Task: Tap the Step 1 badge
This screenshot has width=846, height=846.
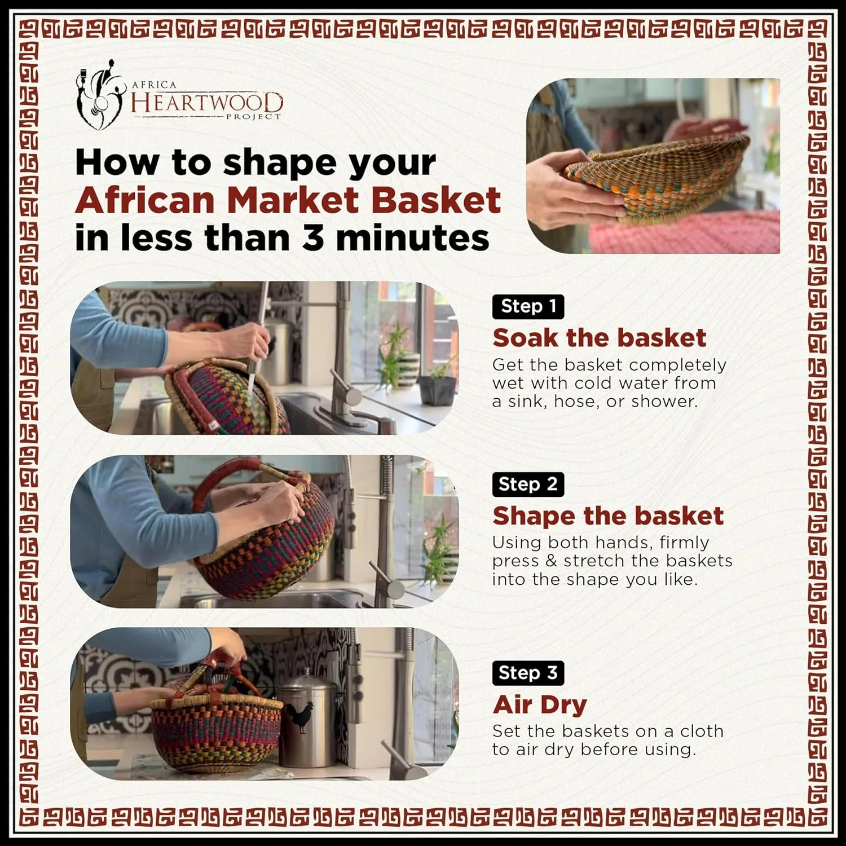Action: [528, 306]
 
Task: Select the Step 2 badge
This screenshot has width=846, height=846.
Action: [528, 484]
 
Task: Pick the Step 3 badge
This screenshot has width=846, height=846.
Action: [528, 673]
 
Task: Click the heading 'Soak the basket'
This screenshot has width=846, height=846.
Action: [599, 338]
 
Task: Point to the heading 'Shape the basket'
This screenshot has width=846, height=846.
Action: [607, 515]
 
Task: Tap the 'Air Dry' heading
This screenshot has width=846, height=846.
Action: [540, 705]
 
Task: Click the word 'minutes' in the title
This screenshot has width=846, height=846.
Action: [412, 237]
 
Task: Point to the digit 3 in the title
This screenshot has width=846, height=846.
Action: [314, 237]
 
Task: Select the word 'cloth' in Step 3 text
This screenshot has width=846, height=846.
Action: [701, 731]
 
